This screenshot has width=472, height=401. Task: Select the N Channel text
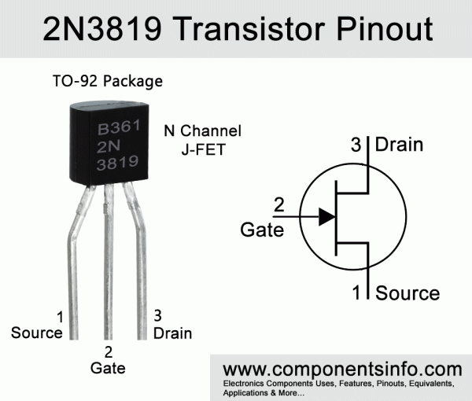point(202,131)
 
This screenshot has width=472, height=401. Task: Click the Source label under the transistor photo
point(37,333)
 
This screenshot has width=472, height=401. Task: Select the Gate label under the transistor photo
point(108,367)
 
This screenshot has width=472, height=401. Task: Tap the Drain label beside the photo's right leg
point(172,333)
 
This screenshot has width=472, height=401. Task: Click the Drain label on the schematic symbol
point(399,145)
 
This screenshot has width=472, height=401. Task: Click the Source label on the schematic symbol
point(407,293)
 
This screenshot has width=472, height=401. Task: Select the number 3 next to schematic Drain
point(356,145)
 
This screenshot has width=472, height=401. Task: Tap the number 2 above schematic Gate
point(278,206)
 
